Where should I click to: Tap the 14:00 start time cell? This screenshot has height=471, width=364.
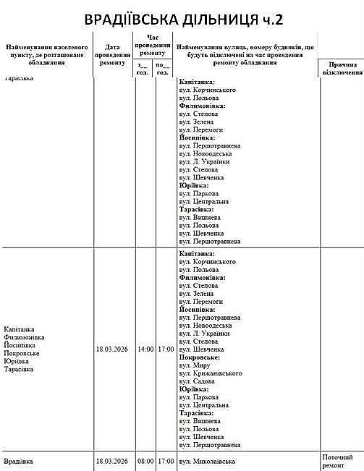(x=145, y=349)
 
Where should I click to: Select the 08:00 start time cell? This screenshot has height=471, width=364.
(x=145, y=461)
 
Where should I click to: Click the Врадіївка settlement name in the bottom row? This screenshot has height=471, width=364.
(x=20, y=461)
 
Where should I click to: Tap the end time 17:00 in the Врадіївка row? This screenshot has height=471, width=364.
(x=166, y=461)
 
